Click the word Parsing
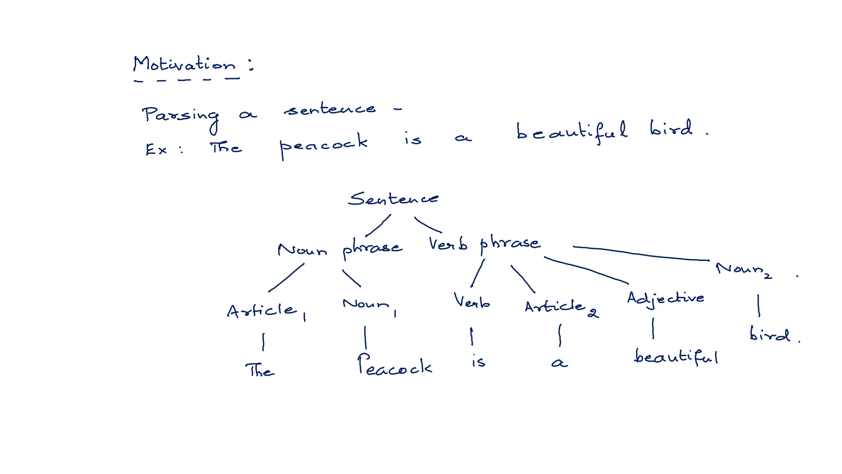[180, 115]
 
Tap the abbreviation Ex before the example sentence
[156, 149]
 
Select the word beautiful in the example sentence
[571, 132]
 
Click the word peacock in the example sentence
[323, 144]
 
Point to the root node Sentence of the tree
[393, 199]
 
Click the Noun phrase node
[340, 249]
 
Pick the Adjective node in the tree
[665, 298]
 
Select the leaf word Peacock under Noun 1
[394, 365]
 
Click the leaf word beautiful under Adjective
[676, 356]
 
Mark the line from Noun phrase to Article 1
[287, 278]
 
